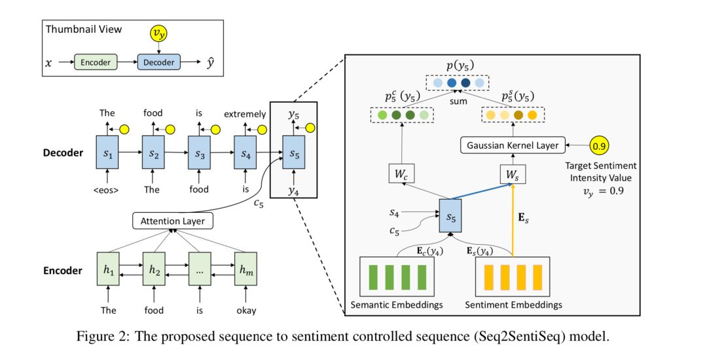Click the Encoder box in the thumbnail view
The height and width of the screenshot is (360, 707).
96,62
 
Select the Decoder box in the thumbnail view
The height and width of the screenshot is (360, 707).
158,62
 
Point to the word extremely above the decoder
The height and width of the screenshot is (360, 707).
244,113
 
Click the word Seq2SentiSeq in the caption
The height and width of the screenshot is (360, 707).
504,336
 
